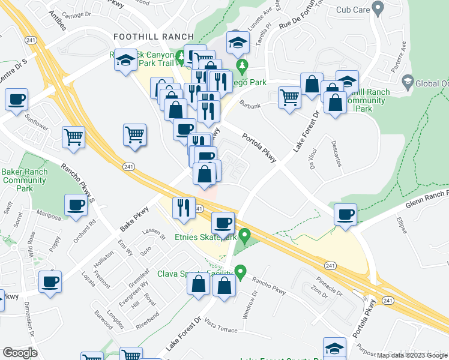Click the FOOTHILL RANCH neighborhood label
[154, 37]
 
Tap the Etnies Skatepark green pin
[244, 234]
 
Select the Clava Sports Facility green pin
[240, 272]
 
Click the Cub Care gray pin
[378, 9]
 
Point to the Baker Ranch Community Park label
[24, 180]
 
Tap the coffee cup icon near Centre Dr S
[16, 99]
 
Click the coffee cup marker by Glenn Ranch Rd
[345, 214]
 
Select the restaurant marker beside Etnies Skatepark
[184, 208]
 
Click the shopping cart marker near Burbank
[290, 97]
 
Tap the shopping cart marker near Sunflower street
[74, 136]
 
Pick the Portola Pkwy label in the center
[259, 147]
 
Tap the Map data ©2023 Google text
[412, 355]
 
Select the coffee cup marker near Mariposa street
[76, 205]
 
